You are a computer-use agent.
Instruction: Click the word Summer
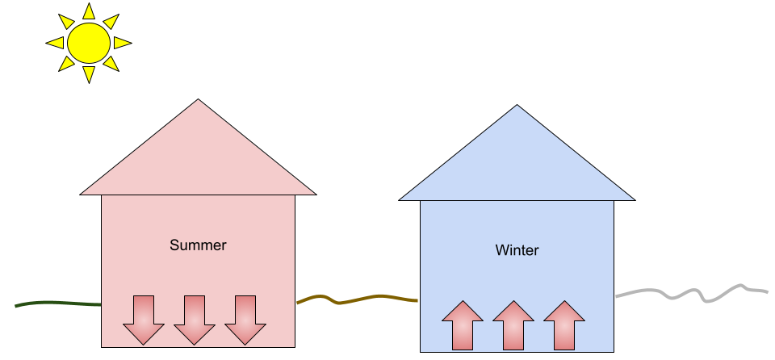click(x=198, y=245)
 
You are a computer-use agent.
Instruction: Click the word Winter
click(x=517, y=250)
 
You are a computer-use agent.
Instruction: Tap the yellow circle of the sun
click(x=88, y=43)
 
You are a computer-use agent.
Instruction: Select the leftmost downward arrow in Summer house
click(x=144, y=320)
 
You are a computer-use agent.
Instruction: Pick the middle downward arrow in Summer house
click(x=195, y=320)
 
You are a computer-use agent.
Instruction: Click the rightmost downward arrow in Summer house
click(x=245, y=320)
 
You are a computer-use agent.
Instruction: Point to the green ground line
click(x=57, y=303)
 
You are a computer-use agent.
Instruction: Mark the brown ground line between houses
click(x=355, y=300)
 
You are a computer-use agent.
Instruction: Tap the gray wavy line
click(x=694, y=292)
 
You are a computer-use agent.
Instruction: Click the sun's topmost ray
click(x=88, y=11)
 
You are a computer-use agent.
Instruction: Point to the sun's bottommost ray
click(x=88, y=74)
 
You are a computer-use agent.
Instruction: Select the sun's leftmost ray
click(x=55, y=43)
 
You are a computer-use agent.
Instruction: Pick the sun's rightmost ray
click(x=122, y=43)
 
